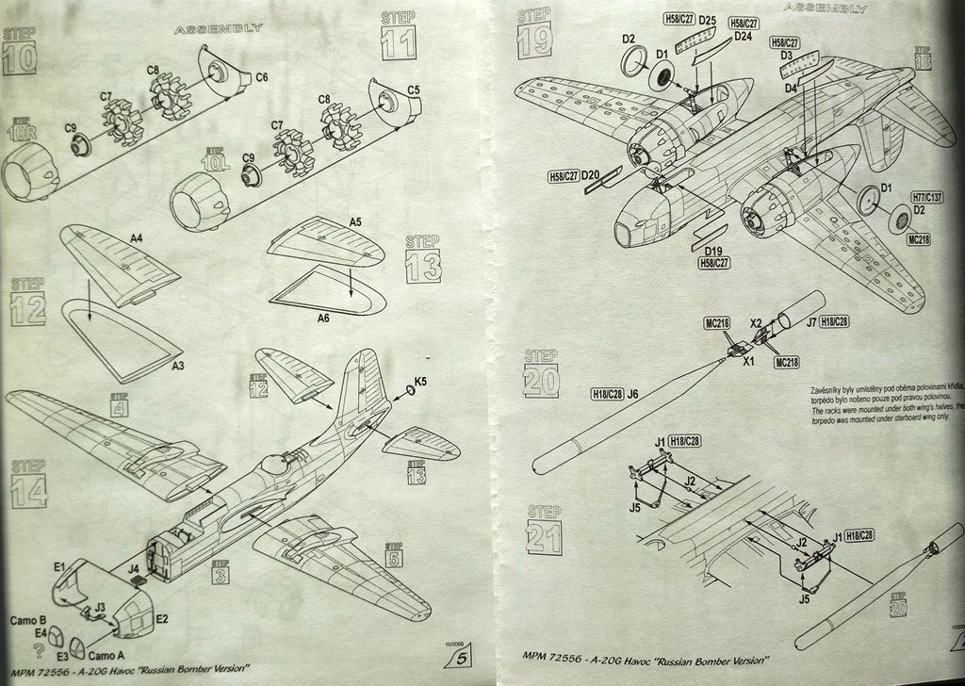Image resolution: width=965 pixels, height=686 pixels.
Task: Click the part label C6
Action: tap(262, 76)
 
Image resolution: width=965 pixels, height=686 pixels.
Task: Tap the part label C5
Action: tap(413, 90)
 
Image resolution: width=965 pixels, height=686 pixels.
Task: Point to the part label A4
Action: tap(136, 238)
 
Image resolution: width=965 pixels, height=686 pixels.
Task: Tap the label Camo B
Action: tap(27, 621)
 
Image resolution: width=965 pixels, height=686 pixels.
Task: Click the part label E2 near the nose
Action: tap(161, 618)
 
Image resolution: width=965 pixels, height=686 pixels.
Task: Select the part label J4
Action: tap(133, 568)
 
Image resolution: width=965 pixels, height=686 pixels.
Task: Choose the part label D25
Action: tap(709, 21)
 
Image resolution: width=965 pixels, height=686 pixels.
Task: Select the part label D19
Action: tap(714, 252)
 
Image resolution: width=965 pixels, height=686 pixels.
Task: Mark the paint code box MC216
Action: tap(717, 324)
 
